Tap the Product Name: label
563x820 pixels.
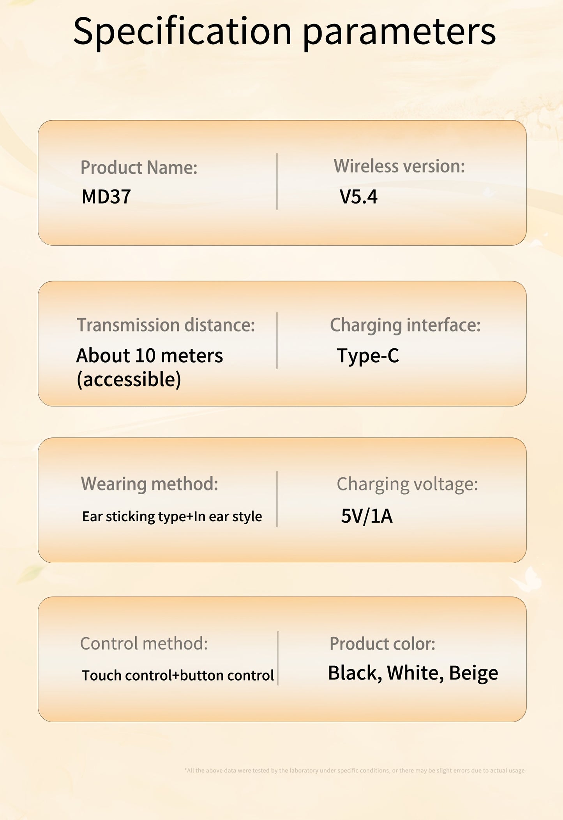pyautogui.click(x=139, y=168)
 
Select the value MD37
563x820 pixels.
pyautogui.click(x=106, y=197)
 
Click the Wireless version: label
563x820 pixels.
pyautogui.click(x=399, y=166)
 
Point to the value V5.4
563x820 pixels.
pyautogui.click(x=358, y=197)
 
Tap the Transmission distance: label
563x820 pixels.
pyautogui.click(x=166, y=325)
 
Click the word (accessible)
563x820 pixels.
pyautogui.click(x=129, y=379)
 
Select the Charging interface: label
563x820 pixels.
pyautogui.click(x=405, y=325)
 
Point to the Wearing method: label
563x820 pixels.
pyautogui.click(x=149, y=484)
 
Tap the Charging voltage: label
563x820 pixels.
pyautogui.click(x=407, y=485)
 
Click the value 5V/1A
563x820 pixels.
pyautogui.click(x=367, y=516)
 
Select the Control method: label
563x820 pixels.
pyautogui.click(x=144, y=643)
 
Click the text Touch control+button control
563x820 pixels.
pyautogui.click(x=178, y=676)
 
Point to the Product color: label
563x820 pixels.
pyautogui.click(x=382, y=644)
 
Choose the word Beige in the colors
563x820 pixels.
pyautogui.click(x=473, y=673)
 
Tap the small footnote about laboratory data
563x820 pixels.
pyautogui.click(x=355, y=770)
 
